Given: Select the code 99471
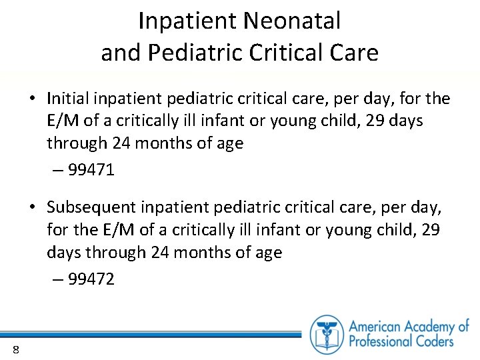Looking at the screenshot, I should point(91,170).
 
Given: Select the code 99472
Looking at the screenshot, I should point(91,279).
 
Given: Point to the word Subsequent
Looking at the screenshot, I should point(96,209).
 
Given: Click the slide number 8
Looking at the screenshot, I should point(15,350).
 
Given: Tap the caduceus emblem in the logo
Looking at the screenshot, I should point(327,334).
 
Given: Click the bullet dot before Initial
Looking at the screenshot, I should point(32,100).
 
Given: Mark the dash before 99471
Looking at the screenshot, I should point(57,171).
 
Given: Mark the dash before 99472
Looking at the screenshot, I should point(57,280).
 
